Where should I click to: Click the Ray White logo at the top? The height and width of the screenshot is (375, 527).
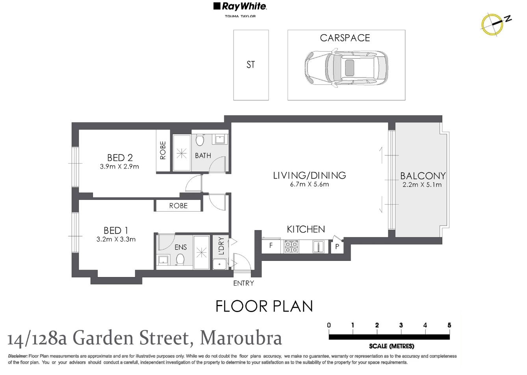pos(240,7)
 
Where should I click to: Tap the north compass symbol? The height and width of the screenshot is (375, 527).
pos(492,23)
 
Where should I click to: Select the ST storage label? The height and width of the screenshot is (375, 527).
pos(251,65)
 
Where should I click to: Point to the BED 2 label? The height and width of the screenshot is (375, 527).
pos(120,158)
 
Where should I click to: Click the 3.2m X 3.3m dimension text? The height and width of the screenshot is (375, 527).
pos(116,239)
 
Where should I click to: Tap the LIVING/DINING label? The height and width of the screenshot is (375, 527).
pos(310,175)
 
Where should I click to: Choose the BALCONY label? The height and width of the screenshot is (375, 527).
pos(423,176)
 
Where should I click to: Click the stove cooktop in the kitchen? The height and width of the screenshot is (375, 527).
pos(291,247)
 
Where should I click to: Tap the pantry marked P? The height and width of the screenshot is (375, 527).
pos(337,247)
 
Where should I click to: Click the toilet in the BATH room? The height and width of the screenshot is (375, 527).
pos(200,140)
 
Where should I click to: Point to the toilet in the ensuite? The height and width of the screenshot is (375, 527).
pos(180,259)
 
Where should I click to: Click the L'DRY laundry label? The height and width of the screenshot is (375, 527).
pos(221,246)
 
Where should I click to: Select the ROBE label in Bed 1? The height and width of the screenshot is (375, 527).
pos(178,206)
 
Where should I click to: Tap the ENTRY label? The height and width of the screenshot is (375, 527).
pos(243,283)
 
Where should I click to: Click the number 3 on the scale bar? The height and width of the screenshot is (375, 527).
pos(401,325)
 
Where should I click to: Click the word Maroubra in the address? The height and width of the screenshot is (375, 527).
pos(241,338)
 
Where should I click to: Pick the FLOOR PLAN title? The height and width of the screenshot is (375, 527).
pos(264,307)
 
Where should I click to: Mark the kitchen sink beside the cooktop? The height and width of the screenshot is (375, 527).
pos(318,247)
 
